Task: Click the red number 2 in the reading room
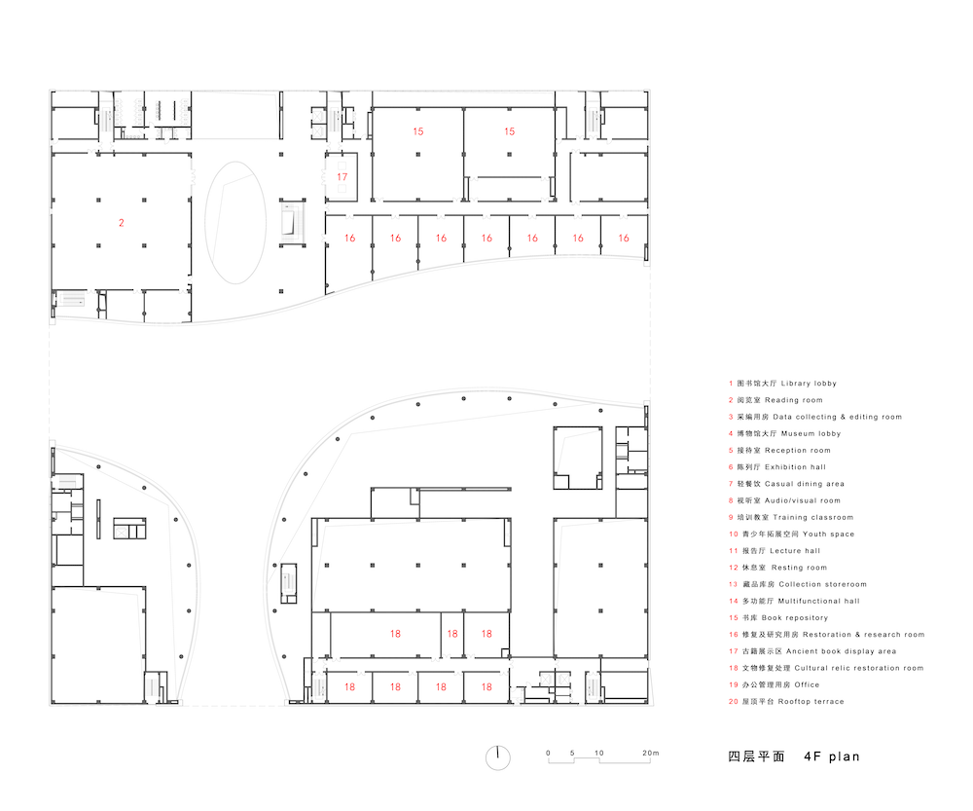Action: coord(122,222)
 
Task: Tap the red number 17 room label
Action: coord(342,177)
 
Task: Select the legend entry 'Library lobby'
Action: coord(782,384)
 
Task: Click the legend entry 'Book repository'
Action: coord(778,618)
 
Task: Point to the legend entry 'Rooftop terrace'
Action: coord(786,702)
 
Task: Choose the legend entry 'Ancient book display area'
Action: coord(812,651)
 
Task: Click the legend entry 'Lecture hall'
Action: coord(775,551)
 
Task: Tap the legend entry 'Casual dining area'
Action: coord(786,484)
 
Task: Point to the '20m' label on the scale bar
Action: coord(650,753)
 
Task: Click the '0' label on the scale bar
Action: coord(548,753)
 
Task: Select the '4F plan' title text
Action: coord(832,756)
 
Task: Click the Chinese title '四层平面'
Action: coord(756,756)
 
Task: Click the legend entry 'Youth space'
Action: coord(791,535)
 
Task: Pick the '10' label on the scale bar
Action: coord(598,753)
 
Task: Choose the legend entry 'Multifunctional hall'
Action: coord(794,601)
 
